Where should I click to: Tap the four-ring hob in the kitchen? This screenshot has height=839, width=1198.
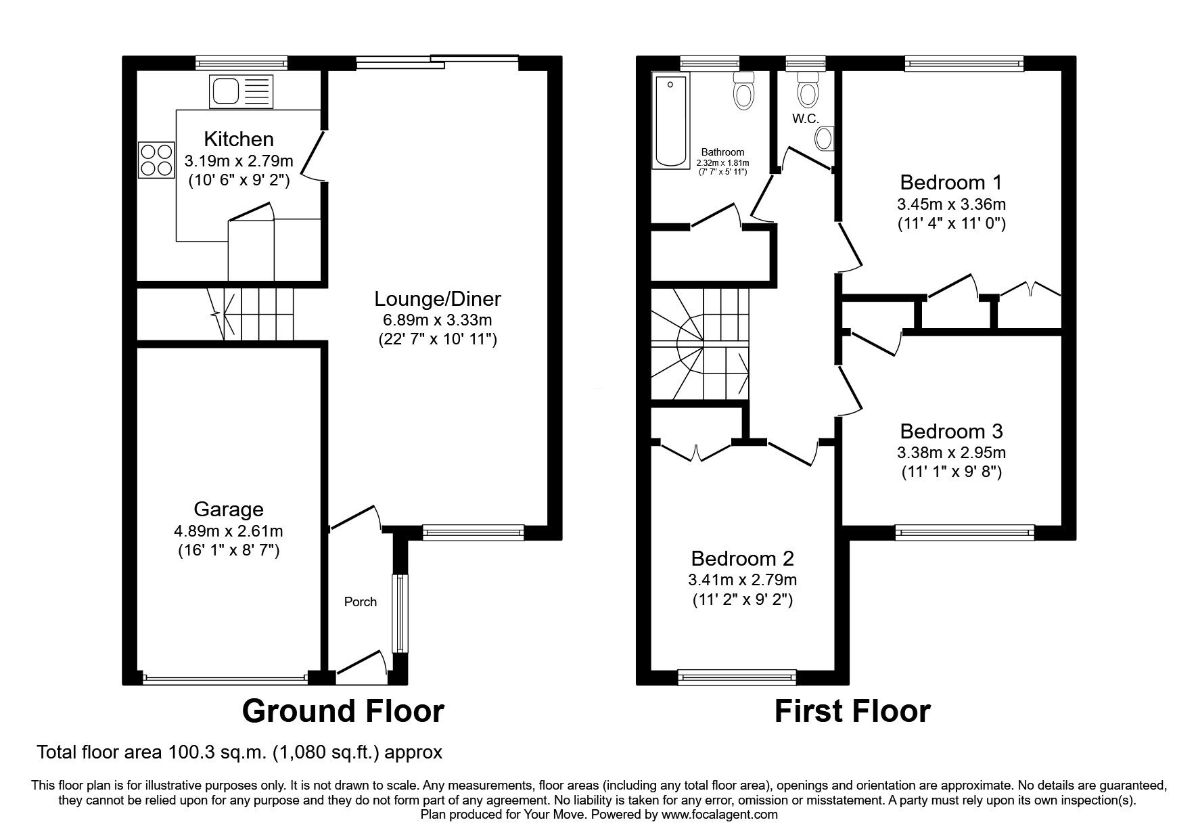(x=156, y=160)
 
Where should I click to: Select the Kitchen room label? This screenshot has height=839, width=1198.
(x=239, y=139)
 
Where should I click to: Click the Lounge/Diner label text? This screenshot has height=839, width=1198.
(x=438, y=298)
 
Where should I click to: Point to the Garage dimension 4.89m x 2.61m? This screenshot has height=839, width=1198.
(x=229, y=530)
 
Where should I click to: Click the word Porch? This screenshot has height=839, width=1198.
(x=361, y=602)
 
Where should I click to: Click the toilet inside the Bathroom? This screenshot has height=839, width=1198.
(x=743, y=91)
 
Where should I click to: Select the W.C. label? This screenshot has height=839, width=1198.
(x=806, y=118)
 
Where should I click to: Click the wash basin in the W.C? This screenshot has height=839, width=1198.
(x=825, y=139)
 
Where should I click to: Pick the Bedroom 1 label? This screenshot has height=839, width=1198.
(x=951, y=183)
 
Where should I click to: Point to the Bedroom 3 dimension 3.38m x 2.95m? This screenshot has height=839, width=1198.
(x=951, y=453)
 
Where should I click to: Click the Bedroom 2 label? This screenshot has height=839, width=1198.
(x=742, y=559)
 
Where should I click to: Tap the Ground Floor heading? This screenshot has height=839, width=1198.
(x=343, y=711)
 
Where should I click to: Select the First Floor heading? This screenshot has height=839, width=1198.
(x=852, y=711)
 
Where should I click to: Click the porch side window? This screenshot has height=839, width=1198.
(x=401, y=613)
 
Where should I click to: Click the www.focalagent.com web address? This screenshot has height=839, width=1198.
(x=720, y=815)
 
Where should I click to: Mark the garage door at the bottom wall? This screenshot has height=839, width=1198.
(x=225, y=678)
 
